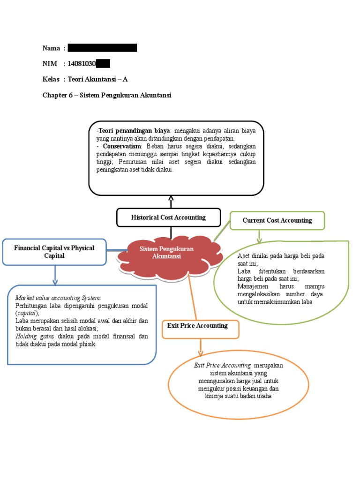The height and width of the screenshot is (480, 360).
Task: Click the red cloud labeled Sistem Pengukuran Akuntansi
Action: (166, 253)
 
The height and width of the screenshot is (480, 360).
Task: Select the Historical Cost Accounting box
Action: (168, 217)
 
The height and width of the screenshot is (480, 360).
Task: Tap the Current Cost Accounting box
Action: (277, 220)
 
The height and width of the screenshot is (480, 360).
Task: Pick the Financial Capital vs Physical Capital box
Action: (54, 252)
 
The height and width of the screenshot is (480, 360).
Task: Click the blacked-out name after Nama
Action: (102, 48)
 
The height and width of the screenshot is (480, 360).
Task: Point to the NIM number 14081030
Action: (82, 64)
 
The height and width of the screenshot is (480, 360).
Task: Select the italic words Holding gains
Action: (30, 336)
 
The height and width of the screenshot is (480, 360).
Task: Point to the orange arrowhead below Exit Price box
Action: (201, 353)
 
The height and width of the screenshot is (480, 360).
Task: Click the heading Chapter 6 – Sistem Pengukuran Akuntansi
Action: (107, 95)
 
